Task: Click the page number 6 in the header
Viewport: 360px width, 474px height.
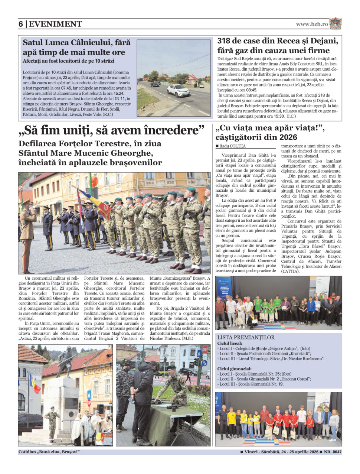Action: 21,24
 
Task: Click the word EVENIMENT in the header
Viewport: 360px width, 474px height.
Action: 55,24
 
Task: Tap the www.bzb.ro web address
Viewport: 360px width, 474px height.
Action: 312,24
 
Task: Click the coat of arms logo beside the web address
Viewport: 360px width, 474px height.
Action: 336,24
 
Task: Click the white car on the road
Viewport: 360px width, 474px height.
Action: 178,90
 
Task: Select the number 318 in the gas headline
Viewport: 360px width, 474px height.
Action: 227,41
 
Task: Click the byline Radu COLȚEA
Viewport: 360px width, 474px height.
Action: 232,146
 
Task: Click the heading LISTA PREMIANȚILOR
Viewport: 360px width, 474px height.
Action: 246,337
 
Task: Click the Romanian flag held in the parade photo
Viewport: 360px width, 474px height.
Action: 97,204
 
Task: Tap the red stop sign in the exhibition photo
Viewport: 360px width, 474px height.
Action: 205,350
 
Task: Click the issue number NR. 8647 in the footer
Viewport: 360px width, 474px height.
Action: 333,452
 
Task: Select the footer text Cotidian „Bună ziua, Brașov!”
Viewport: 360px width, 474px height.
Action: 49,452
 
